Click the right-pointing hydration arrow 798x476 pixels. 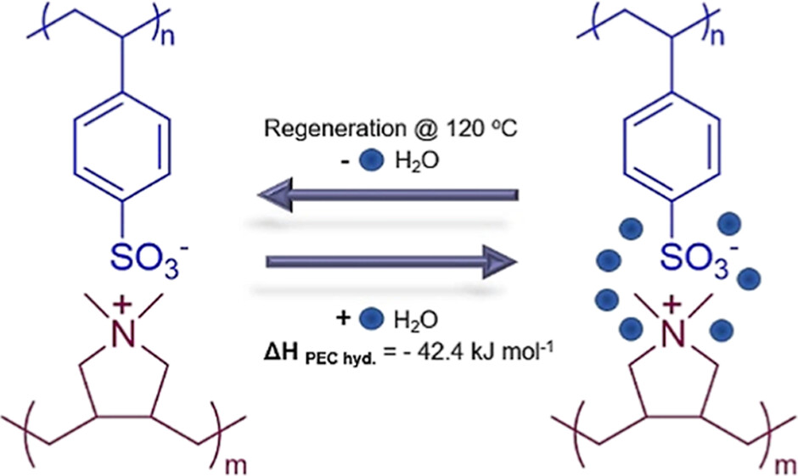[391, 261]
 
